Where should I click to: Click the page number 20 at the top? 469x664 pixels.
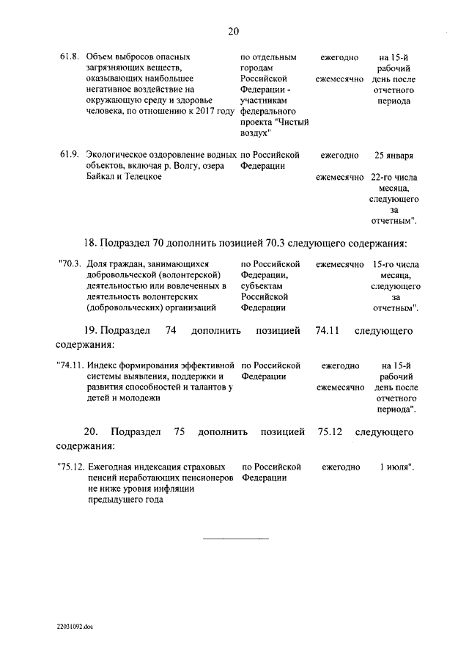tap(234, 31)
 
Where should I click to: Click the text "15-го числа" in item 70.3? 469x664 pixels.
tap(395, 263)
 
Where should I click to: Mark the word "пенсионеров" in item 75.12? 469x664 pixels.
tap(206, 478)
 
